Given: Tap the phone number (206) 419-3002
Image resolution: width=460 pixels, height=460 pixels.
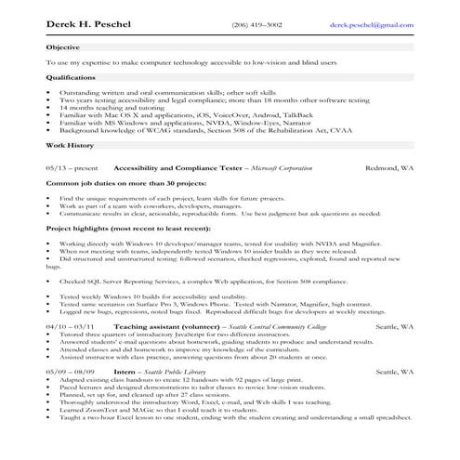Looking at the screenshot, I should (256, 25).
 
